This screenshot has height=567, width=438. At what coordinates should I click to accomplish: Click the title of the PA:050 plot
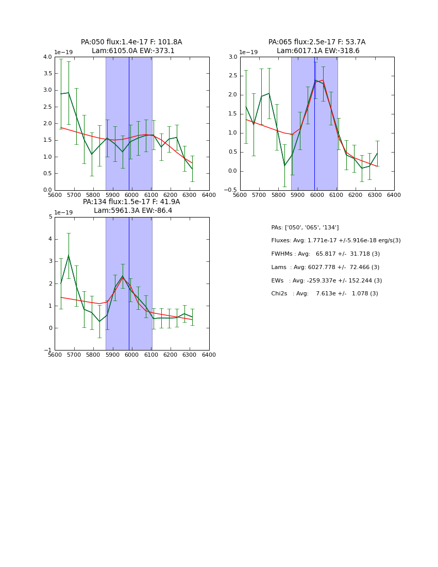131,46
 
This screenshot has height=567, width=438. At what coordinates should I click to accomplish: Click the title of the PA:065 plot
317,46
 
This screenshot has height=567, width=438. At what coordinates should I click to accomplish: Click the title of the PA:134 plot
131,206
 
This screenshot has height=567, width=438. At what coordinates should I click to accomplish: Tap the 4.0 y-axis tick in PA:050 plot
47,57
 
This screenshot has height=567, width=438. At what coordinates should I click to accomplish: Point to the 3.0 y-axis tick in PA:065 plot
233,57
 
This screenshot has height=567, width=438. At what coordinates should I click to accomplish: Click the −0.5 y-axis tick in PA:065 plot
231,190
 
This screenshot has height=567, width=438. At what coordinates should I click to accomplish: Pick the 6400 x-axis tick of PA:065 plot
394,195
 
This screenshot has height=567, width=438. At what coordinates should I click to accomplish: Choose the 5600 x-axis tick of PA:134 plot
55,355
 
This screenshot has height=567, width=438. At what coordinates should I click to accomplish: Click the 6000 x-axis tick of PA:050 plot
132,195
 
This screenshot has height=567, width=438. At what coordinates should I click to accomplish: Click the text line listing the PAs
305,227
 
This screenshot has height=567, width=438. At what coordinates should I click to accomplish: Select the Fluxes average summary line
335,241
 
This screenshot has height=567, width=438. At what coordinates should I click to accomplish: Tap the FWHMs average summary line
325,254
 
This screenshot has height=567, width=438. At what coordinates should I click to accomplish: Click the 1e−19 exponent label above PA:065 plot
248,52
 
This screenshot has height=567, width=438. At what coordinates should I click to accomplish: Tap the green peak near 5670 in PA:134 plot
69,256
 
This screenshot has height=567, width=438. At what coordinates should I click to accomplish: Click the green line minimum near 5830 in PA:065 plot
284,165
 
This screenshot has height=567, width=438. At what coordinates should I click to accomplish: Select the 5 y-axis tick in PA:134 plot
50,217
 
